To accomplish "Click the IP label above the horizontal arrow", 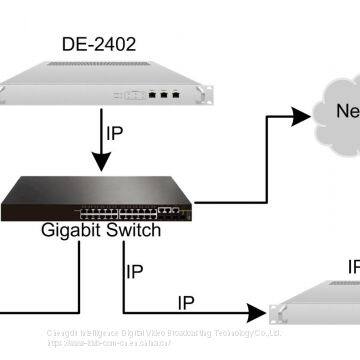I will point(187,301).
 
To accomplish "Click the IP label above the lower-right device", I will point(352,268).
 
